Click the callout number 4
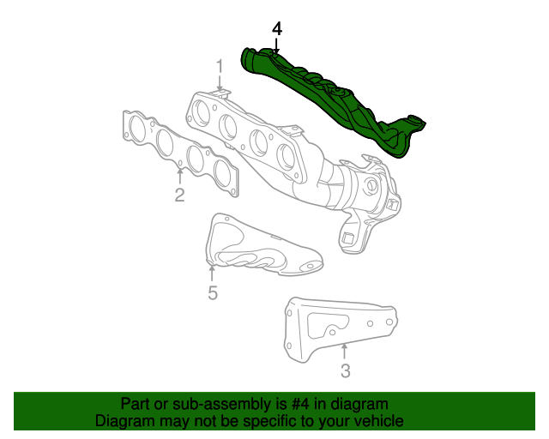click(x=276, y=28)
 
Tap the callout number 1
click(x=219, y=65)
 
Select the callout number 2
click(x=179, y=195)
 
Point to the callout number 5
click(x=212, y=293)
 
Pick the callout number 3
click(x=345, y=370)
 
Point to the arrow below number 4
click(x=276, y=46)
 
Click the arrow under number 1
click(x=220, y=83)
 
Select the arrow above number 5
click(x=212, y=273)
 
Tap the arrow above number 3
click(x=344, y=352)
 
